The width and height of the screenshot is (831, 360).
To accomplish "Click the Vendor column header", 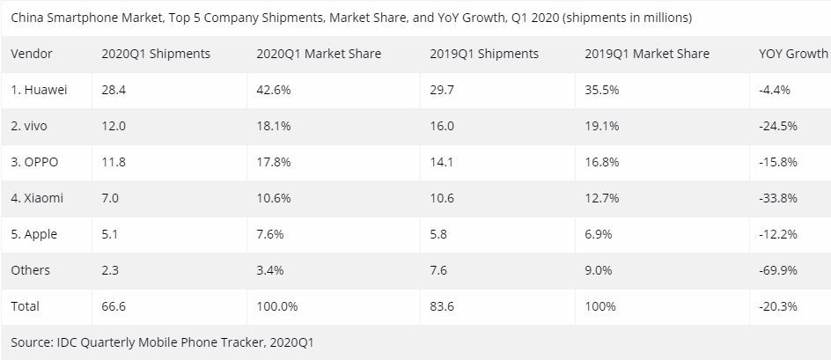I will pos(32,54).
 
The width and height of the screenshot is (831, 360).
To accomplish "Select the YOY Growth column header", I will pos(792,54).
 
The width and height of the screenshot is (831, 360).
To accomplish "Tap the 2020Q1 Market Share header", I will pos(318,54).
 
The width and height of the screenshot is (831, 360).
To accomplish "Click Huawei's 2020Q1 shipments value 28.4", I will pos(114,90).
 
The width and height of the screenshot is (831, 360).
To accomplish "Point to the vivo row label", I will pos(29,126).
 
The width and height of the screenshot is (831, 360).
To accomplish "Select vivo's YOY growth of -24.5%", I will pos(777,126).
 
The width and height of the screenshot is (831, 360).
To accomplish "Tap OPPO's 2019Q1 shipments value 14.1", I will pos(442,162).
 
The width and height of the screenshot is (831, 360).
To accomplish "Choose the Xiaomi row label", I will pos(37,198).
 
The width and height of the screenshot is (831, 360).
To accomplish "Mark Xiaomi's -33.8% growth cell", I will pos(777,198).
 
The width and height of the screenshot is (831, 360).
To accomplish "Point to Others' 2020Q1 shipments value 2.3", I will pos(110,270).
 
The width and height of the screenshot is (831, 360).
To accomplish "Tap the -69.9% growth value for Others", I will pos(777,270).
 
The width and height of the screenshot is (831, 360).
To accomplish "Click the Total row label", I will pos(26,306).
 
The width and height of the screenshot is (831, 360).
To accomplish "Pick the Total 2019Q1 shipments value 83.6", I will pos(443,306).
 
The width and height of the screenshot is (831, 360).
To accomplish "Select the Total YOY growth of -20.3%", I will pos(777,306).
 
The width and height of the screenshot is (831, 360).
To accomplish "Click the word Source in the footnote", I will pos(33,342).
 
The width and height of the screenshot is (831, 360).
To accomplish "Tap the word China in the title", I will pos(27,17).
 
